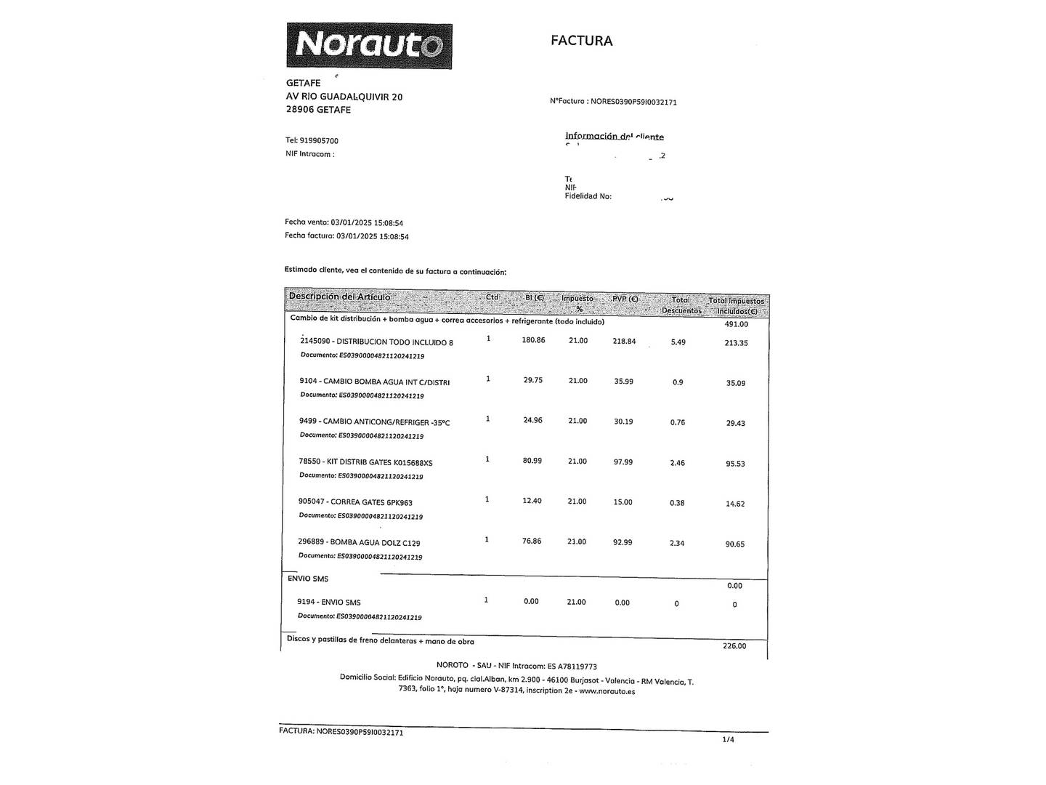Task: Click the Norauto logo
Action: click(369, 46)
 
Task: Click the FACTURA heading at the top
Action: click(581, 41)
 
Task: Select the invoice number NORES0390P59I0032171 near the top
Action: click(633, 102)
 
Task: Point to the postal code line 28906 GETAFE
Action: click(318, 110)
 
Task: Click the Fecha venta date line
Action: click(344, 223)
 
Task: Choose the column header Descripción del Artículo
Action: click(339, 297)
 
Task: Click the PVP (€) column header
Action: click(625, 299)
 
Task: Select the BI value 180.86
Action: click(533, 340)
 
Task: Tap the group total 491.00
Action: click(736, 324)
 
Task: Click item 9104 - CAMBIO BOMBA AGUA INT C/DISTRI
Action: click(374, 382)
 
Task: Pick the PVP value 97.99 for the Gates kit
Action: click(623, 462)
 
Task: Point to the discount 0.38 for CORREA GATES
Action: click(677, 503)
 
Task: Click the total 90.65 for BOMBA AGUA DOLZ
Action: click(734, 544)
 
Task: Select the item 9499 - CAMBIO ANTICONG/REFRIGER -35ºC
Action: click(374, 422)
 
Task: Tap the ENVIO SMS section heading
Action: click(308, 579)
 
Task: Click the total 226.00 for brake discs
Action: click(734, 646)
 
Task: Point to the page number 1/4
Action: click(728, 740)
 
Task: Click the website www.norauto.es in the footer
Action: click(607, 691)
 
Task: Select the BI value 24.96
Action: click(532, 420)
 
